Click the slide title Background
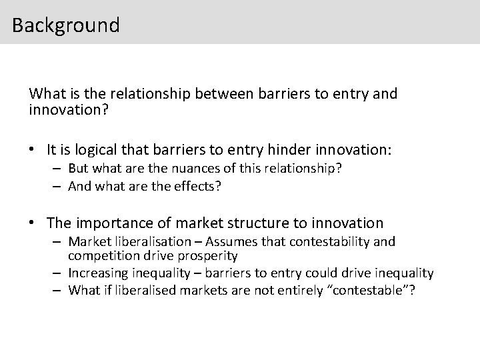[65, 25]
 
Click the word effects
[196, 186]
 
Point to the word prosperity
[209, 256]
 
